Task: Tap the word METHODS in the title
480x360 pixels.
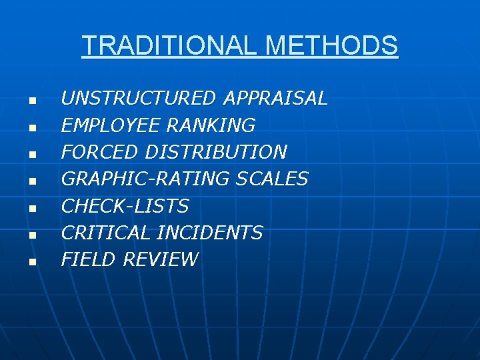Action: click(x=331, y=46)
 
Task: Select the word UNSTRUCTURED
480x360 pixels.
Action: click(x=139, y=99)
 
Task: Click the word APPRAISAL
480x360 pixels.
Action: click(x=275, y=99)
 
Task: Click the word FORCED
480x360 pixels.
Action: click(x=100, y=152)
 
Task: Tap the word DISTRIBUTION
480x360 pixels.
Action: click(x=216, y=152)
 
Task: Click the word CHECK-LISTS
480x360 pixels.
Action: click(x=125, y=206)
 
